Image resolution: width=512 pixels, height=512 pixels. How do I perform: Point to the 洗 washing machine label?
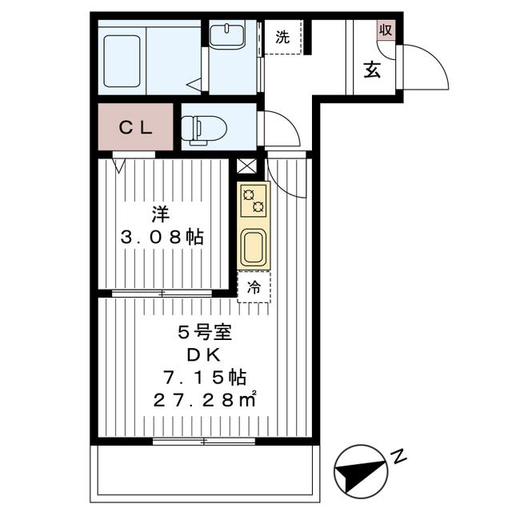coord(282,36)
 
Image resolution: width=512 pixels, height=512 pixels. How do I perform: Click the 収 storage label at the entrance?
coord(386,30)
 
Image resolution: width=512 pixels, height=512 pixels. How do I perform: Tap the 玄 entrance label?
coord(372,70)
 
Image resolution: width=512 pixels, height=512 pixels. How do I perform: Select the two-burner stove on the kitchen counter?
coord(254,200)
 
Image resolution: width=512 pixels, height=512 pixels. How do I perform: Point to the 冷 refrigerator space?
coord(254,286)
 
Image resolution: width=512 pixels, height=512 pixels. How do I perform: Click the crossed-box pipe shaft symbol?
coord(248,167)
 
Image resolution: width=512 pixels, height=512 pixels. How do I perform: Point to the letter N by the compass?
coord(398,458)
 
